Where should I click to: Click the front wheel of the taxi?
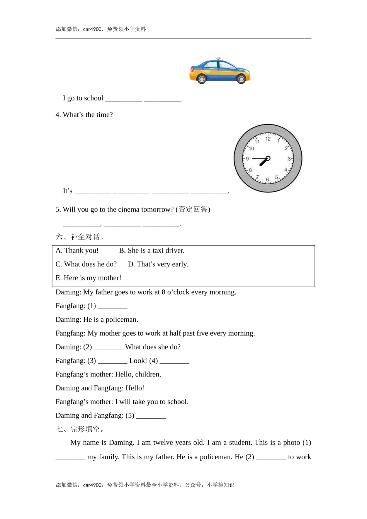point(201,79)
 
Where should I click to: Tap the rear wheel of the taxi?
point(241,79)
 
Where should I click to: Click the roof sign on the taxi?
point(218,59)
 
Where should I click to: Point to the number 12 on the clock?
point(268,139)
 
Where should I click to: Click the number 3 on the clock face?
point(289,159)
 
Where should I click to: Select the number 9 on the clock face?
point(248,159)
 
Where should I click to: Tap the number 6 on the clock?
point(267,180)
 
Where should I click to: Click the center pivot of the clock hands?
point(268,158)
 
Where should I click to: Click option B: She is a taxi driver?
point(151,251)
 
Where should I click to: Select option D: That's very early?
point(158,264)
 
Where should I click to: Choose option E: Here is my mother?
point(88,278)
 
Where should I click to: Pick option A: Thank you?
point(77,251)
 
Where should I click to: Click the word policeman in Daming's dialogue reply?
point(122,320)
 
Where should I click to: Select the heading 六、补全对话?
point(80,237)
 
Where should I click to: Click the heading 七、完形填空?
point(80,429)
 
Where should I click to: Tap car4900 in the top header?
point(93,29)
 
